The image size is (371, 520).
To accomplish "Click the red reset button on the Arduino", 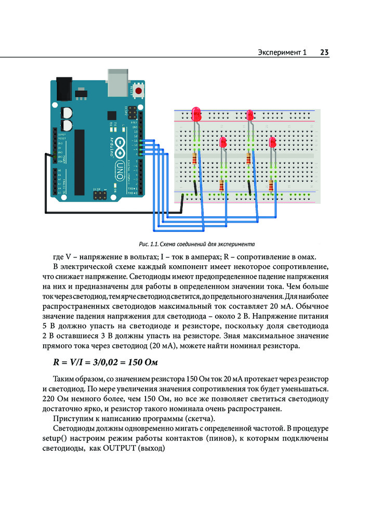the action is (138, 91).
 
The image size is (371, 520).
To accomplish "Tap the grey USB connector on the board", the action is (118, 82).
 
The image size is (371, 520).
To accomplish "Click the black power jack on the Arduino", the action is (64, 88).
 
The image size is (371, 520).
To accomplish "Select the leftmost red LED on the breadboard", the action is (196, 113).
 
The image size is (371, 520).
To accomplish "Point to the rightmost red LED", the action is (273, 142).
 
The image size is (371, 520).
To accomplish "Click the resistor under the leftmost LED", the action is (194, 159).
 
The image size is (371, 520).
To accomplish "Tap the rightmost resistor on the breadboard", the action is (271, 186).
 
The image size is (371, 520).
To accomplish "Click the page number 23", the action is (324, 52).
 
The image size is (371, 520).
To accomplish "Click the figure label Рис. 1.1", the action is (149, 244).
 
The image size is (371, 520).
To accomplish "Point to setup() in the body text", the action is (55, 438).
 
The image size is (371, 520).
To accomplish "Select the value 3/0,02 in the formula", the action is (105, 362).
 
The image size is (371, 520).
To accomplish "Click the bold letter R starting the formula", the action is (56, 362).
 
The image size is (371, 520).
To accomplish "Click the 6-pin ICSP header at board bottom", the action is (99, 195).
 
